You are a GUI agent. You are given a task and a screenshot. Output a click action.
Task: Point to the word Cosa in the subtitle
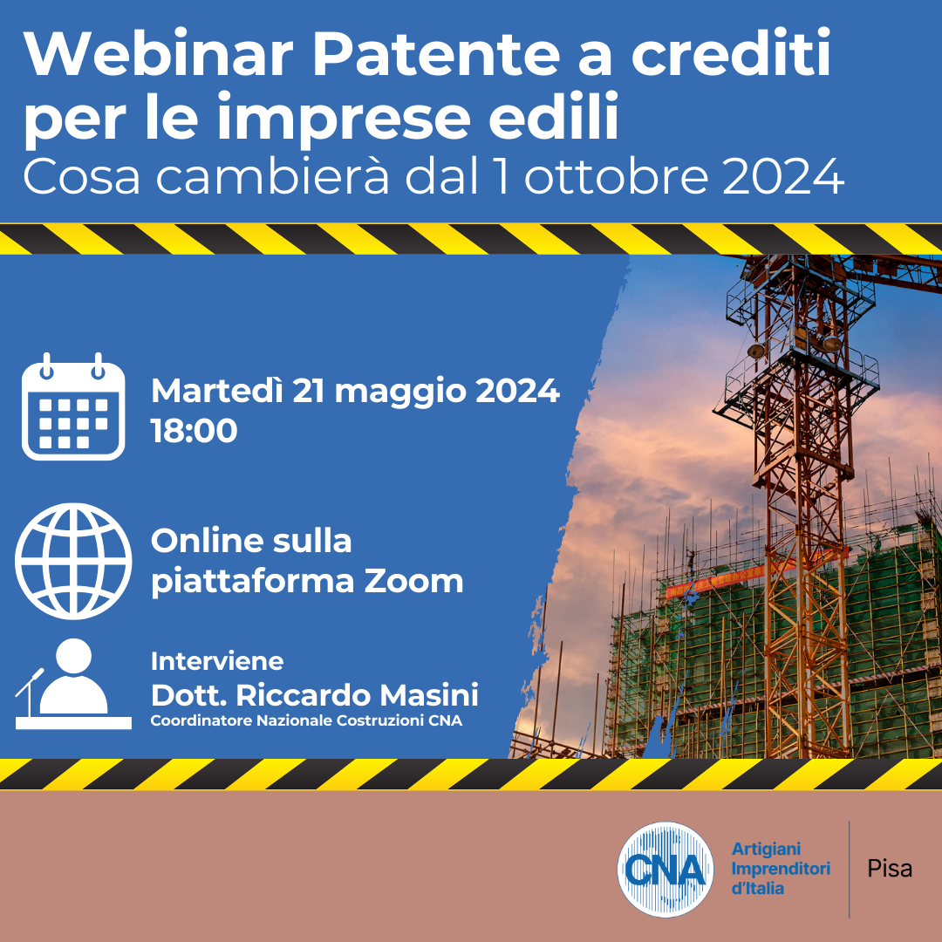(x=82, y=176)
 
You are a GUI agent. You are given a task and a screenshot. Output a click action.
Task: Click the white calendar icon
(x=73, y=406)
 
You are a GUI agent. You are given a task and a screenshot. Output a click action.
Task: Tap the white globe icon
(x=73, y=561)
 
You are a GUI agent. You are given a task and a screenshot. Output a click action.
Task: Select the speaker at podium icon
(x=73, y=684)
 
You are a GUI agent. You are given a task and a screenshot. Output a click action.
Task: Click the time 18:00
(x=194, y=432)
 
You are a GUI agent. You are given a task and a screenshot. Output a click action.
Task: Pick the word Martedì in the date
(x=217, y=391)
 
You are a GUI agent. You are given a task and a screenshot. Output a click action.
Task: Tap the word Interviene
(x=217, y=661)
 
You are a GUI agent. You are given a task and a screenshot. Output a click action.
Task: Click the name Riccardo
(x=304, y=695)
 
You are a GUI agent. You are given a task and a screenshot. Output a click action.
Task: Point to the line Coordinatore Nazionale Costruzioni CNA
(x=306, y=720)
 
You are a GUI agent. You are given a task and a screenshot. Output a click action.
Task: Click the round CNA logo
(x=666, y=870)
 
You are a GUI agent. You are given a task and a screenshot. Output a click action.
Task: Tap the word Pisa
(x=890, y=869)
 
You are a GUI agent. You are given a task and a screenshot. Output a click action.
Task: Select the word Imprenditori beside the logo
(x=781, y=868)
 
